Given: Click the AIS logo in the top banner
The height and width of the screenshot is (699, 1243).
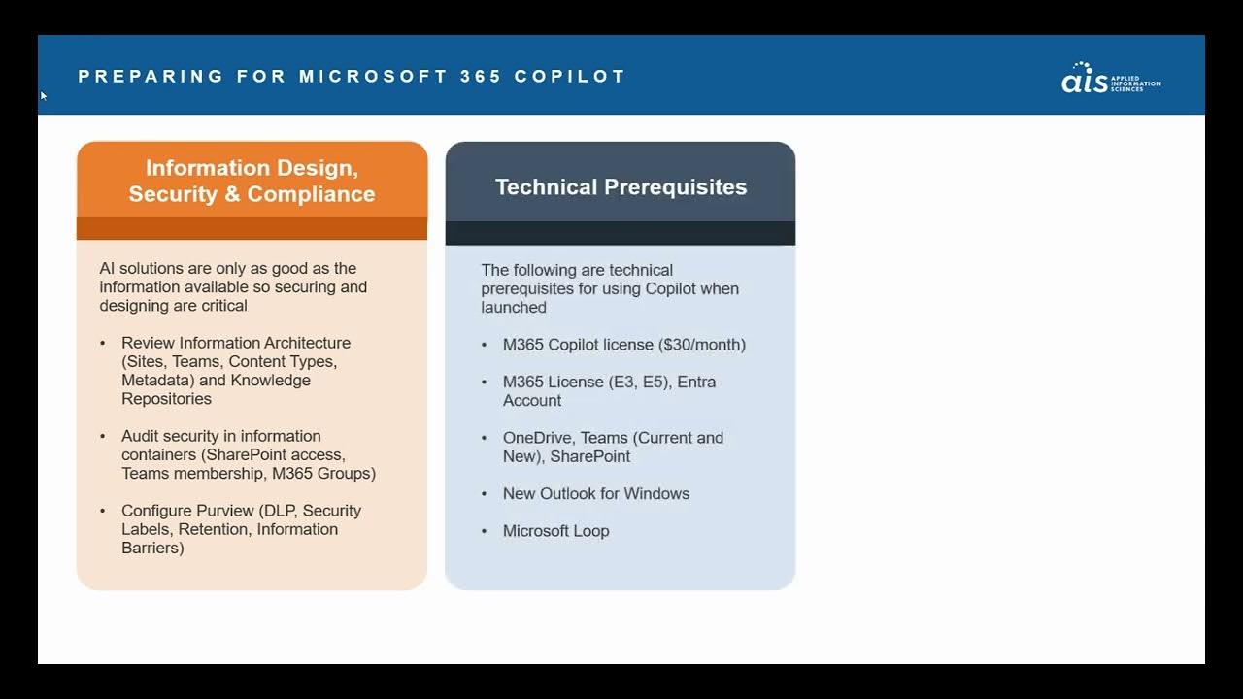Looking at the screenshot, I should click(x=1110, y=78).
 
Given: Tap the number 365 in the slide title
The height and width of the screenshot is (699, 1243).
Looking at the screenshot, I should click(x=481, y=76).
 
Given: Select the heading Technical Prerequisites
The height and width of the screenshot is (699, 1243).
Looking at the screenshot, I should click(x=621, y=187).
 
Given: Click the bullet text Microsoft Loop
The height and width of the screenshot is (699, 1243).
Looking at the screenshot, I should click(x=555, y=531).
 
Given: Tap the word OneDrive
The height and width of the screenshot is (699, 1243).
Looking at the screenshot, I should click(x=537, y=438).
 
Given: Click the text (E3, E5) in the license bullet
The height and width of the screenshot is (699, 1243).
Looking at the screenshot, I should click(x=639, y=383).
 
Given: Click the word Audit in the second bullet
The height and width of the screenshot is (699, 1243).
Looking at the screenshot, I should click(x=140, y=437).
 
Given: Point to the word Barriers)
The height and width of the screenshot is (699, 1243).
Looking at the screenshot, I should click(x=152, y=549).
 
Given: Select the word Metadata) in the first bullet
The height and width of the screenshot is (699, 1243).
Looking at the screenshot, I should click(x=157, y=381).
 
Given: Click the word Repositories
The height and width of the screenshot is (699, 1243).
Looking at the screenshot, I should click(x=166, y=399).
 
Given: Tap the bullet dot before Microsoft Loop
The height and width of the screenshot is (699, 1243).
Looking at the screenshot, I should click(x=485, y=532).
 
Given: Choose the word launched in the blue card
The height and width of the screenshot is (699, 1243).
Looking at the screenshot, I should click(x=514, y=308).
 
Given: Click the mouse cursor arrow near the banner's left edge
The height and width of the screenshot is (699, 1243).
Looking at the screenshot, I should click(x=43, y=95).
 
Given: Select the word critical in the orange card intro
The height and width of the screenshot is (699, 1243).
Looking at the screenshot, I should click(x=223, y=306).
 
